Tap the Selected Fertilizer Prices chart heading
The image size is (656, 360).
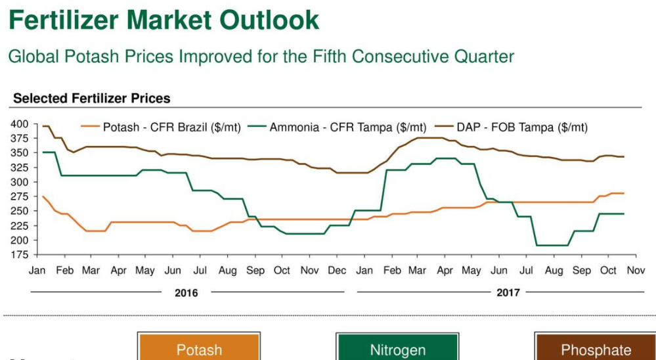(91, 99)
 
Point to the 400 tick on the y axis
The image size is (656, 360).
(19, 124)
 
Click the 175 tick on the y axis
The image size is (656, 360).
(19, 255)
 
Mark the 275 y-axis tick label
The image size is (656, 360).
(19, 196)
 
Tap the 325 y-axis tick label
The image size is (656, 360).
(19, 168)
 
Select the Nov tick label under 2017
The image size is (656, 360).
(635, 271)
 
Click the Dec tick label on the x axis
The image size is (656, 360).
(337, 271)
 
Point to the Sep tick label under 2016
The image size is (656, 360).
(255, 271)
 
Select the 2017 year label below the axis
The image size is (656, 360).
(508, 292)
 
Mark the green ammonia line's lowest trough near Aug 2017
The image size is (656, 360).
(552, 245)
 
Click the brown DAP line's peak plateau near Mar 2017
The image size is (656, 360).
(430, 138)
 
